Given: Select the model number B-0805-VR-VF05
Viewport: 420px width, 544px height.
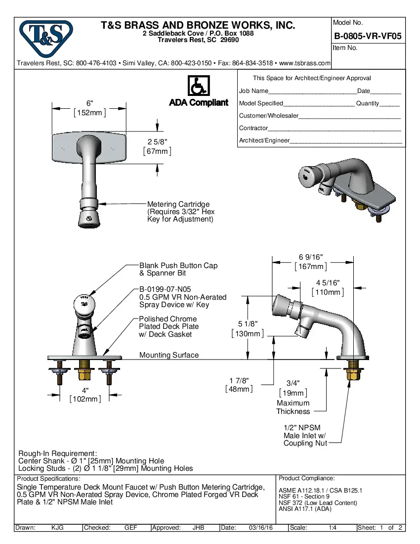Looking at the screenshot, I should pyautogui.click(x=368, y=36).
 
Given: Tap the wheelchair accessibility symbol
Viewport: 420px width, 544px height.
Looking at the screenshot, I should pyautogui.click(x=198, y=86).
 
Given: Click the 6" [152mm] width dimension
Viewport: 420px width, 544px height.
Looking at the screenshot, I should pyautogui.click(x=89, y=108).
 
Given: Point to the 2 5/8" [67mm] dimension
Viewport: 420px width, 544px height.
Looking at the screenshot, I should pyautogui.click(x=157, y=146).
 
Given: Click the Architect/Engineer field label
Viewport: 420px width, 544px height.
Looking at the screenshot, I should pyautogui.click(x=264, y=140).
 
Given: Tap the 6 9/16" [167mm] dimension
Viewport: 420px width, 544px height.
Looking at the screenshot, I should pyautogui.click(x=310, y=262).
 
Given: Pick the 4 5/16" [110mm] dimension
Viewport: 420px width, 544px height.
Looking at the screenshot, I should pyautogui.click(x=328, y=287).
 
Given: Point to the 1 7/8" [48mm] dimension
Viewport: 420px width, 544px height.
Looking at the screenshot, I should pyautogui.click(x=239, y=385).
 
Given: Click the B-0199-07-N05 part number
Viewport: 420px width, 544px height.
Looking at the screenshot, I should pyautogui.click(x=165, y=290).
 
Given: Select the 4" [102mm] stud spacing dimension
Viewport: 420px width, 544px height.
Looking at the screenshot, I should pyautogui.click(x=85, y=395).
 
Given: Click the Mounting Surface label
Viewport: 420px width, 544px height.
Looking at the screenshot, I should pyautogui.click(x=169, y=355).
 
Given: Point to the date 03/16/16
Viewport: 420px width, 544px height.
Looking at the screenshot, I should pyautogui.click(x=260, y=528).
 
